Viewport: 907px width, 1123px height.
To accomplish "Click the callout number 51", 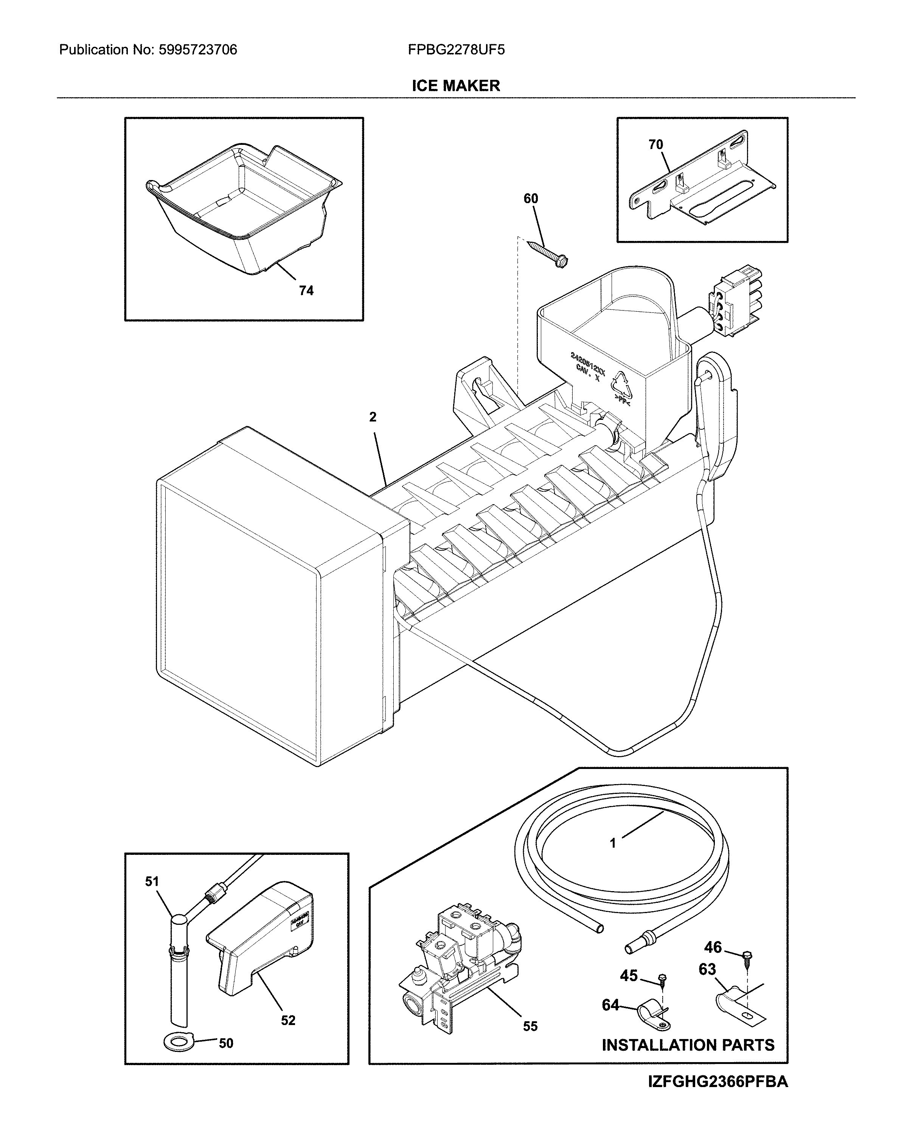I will [152, 882].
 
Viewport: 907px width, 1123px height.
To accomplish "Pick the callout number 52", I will [288, 1020].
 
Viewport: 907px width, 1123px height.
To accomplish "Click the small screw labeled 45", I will [663, 977].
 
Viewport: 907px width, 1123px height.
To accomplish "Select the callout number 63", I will [707, 969].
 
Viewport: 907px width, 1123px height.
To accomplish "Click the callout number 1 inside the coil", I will [613, 842].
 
